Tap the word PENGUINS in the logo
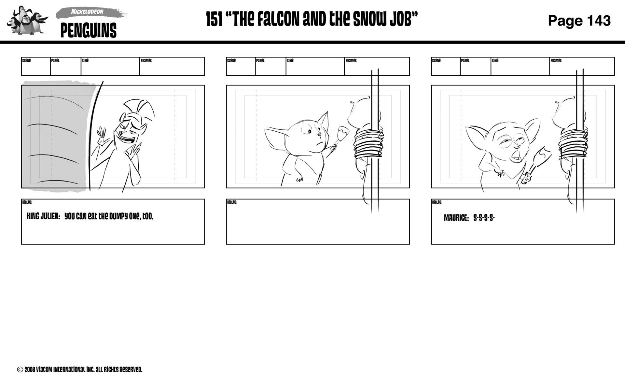89,31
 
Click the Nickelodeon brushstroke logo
87,12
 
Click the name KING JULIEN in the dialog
43,216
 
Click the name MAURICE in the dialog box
456,218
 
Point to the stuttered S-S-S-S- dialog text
484,218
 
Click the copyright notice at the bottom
80,370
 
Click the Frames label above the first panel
146,61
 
